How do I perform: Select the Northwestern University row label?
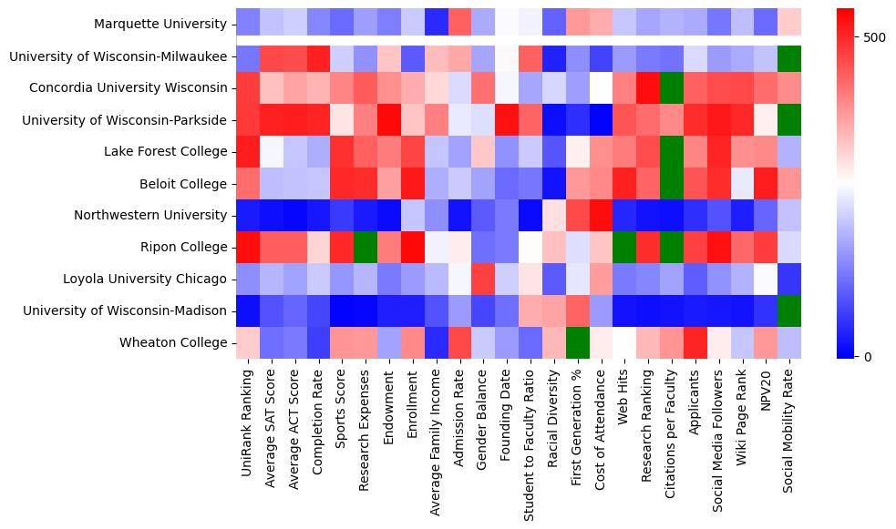tap(150, 216)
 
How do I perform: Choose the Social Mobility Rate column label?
tap(788, 428)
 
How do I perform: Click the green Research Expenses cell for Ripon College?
tap(366, 247)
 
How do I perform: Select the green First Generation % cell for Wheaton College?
tap(577, 342)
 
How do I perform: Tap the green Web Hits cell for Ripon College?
tap(624, 247)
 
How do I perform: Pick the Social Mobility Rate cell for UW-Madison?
tap(789, 310)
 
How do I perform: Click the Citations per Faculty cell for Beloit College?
tap(672, 183)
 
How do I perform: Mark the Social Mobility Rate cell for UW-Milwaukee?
tap(789, 56)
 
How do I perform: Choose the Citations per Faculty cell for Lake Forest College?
tap(672, 151)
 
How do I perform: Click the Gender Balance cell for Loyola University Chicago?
tap(483, 279)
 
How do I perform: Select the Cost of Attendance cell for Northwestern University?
tap(601, 215)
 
